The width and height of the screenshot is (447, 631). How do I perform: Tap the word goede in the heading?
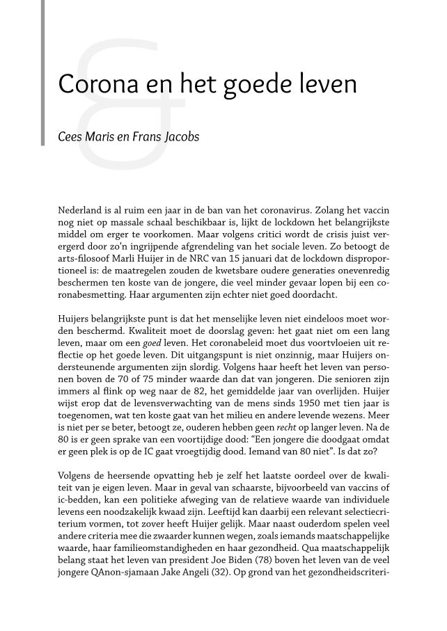pos(262,85)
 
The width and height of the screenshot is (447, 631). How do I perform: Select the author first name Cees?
pos(70,136)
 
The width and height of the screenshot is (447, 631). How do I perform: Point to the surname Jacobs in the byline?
pos(182,137)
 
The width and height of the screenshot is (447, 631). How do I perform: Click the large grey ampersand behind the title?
pos(122,104)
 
